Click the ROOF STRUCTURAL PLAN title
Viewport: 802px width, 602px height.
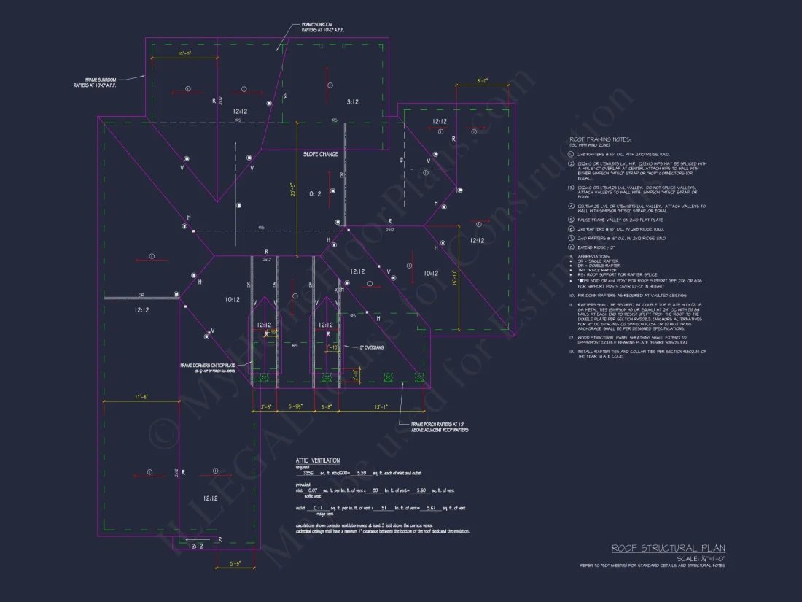click(668, 549)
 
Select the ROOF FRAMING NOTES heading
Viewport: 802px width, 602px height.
click(601, 139)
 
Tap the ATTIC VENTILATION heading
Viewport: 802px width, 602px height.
click(317, 460)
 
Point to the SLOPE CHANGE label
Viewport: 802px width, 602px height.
click(321, 154)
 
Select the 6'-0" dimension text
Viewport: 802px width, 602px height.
click(482, 80)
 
